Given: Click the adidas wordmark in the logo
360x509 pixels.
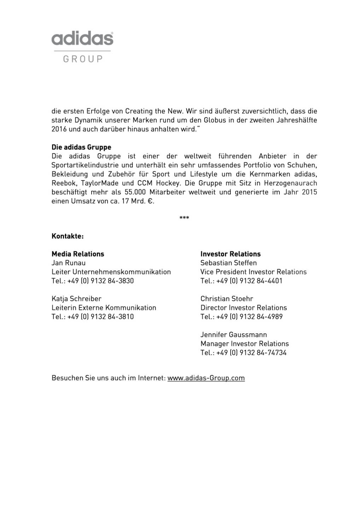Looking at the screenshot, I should (82, 38).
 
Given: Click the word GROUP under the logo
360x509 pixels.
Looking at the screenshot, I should (83, 59).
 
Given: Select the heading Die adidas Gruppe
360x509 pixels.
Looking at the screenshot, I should (81, 147).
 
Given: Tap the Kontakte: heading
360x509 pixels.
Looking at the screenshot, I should (68, 236).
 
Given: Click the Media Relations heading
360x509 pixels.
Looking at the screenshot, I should (78, 254).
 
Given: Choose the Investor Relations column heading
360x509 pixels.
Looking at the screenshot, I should (230, 254).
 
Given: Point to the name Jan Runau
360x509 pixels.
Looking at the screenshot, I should (69, 263).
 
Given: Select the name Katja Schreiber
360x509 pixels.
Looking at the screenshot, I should (76, 299).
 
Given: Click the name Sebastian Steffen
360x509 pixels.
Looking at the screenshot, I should (228, 263).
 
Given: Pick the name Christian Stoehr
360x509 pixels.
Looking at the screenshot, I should (227, 299).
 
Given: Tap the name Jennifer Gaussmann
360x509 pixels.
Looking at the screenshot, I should (233, 335).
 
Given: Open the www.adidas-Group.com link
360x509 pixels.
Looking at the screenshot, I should (206, 378).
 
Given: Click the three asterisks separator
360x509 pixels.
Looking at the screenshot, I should (184, 218).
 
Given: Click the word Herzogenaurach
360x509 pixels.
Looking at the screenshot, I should (290, 183).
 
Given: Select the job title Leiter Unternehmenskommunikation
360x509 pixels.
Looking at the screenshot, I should (111, 272).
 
